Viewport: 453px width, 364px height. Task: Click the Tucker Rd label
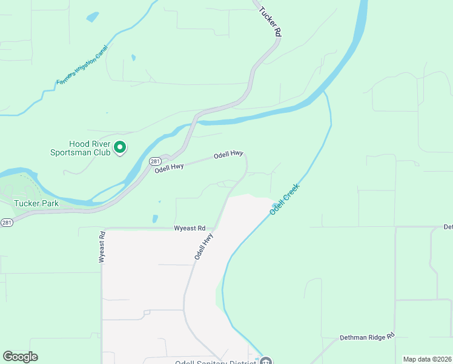271,21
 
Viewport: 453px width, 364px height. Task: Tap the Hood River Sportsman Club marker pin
120,147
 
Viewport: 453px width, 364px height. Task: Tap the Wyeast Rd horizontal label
190,228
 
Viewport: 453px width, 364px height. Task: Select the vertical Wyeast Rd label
102,246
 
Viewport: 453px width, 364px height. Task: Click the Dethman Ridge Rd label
367,335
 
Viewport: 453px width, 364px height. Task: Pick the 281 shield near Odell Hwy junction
154,161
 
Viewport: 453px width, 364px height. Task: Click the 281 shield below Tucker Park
7,222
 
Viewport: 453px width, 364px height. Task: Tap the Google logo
20,357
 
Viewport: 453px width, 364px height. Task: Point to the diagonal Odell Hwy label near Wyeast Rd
204,247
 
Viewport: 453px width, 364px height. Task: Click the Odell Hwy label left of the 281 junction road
169,167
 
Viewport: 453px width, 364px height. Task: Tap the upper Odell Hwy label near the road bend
228,155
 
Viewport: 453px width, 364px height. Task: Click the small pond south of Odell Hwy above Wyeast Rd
155,218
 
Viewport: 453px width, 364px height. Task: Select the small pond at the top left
92,17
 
